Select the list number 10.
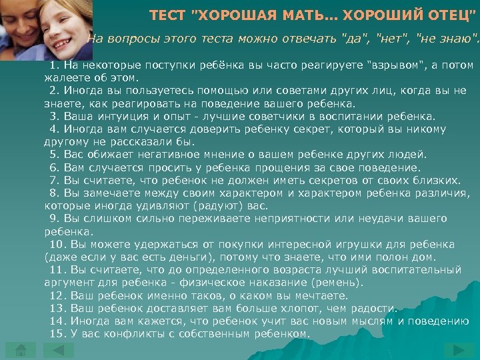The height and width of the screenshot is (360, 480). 56,244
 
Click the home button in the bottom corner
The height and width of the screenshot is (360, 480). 21,350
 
